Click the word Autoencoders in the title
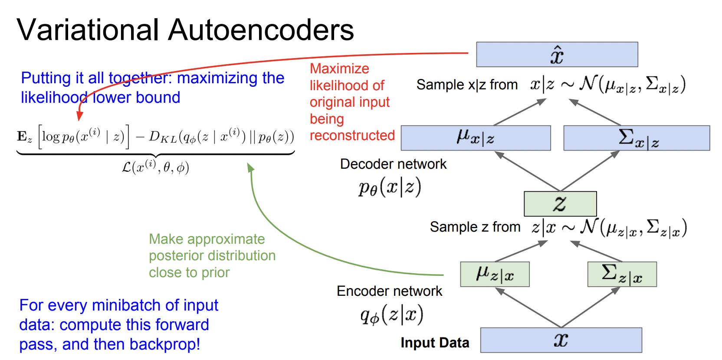[x=261, y=30]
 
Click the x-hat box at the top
[x=557, y=55]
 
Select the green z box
[x=560, y=203]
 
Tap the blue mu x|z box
[x=476, y=138]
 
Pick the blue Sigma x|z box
[x=637, y=138]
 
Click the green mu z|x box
[x=495, y=274]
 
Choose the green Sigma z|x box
[x=622, y=274]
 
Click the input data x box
[x=561, y=340]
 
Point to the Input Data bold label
[x=435, y=343]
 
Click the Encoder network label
[x=389, y=291]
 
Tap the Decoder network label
[x=393, y=164]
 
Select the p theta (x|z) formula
[x=390, y=188]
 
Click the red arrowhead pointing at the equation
[x=79, y=116]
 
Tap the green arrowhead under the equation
[x=250, y=168]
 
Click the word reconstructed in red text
[x=352, y=135]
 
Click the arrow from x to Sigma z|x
[x=590, y=307]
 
